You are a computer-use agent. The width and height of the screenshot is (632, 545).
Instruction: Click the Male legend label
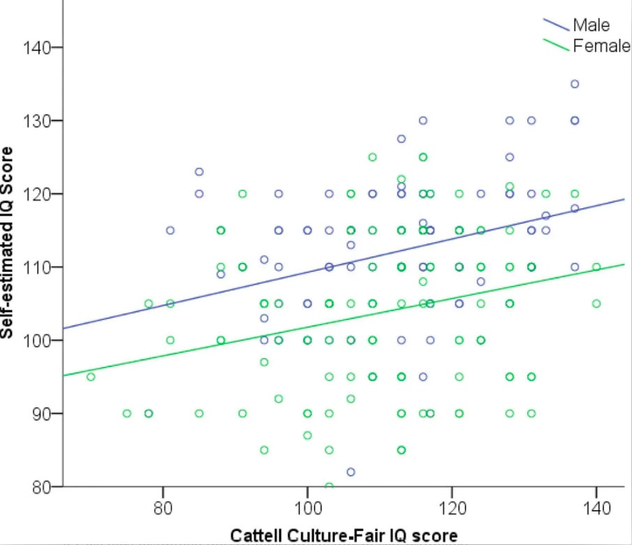(x=591, y=26)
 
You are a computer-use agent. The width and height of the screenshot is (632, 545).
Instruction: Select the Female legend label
(x=597, y=46)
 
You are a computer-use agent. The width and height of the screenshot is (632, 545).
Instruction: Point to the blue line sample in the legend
(x=556, y=25)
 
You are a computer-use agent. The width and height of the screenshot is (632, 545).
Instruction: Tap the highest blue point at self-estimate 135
(x=575, y=84)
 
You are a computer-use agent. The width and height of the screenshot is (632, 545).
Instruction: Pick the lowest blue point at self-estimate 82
(x=351, y=472)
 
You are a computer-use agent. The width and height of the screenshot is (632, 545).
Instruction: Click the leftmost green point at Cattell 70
(x=91, y=377)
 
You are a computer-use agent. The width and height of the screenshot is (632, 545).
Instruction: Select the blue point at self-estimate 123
(x=199, y=172)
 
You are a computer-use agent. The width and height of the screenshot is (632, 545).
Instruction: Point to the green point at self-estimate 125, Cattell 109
(x=373, y=157)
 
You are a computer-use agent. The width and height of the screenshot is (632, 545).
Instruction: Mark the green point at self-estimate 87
(x=308, y=435)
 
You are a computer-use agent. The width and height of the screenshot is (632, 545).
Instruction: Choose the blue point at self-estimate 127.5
(x=401, y=139)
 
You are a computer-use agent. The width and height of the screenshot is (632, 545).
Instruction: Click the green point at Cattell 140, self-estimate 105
(x=596, y=304)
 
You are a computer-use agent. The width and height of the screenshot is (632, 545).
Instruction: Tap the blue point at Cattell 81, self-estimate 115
(x=170, y=230)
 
